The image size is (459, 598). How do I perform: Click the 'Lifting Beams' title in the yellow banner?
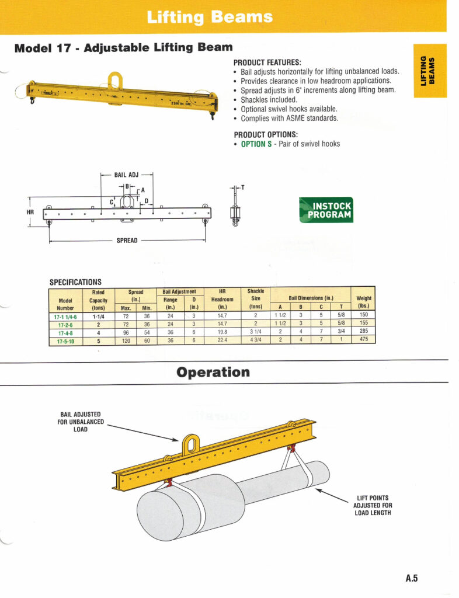(x=210, y=18)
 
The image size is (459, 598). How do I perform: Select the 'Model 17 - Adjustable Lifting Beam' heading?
(x=123, y=48)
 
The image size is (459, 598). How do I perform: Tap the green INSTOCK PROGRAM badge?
(x=326, y=210)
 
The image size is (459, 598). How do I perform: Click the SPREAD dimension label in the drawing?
(x=127, y=241)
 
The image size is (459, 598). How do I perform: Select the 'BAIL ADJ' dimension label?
(x=127, y=175)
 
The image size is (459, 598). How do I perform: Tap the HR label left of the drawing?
(x=30, y=212)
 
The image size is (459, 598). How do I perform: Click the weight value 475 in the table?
(x=364, y=339)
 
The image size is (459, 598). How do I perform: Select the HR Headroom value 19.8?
(x=222, y=331)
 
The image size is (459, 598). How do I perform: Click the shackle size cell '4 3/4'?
(x=256, y=339)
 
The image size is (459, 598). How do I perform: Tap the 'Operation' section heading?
(x=213, y=373)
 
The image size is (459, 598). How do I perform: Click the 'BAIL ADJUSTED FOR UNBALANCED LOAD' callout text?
(x=81, y=422)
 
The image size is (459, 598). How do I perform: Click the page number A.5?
(x=412, y=579)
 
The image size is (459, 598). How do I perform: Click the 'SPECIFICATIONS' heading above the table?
(x=75, y=282)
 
